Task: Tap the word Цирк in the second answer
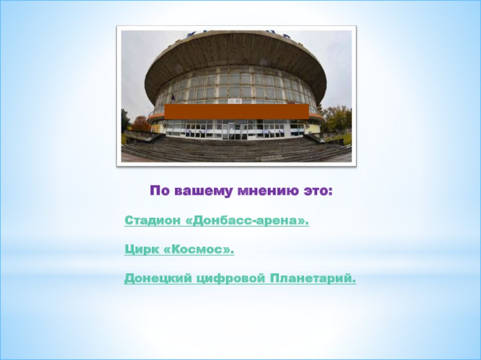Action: pos(142,250)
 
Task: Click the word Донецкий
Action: pos(158,279)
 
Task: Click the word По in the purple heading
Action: pos(160,191)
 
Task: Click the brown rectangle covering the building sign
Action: pos(237,111)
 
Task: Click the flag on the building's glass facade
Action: pos(173,98)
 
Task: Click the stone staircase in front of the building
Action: pos(236,149)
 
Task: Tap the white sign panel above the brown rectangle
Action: pos(237,101)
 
